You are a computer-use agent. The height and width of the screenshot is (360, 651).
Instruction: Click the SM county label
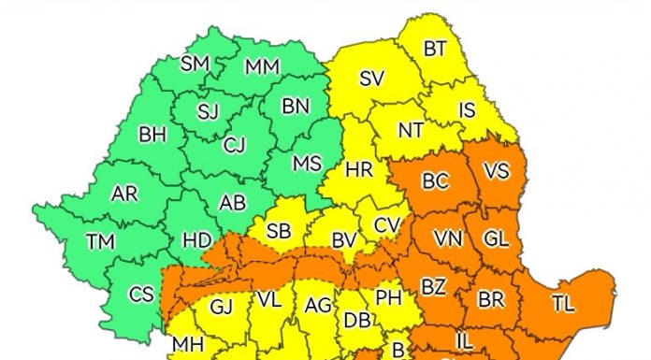tap(195, 64)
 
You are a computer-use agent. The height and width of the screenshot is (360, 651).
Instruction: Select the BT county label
tap(435, 49)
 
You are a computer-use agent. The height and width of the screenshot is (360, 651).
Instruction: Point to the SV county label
tap(371, 79)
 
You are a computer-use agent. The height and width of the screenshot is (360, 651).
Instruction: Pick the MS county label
tap(307, 163)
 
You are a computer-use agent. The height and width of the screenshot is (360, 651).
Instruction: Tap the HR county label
tap(359, 170)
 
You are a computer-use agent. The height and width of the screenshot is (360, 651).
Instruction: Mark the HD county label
tap(196, 239)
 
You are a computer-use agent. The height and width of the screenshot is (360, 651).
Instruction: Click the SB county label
tap(279, 232)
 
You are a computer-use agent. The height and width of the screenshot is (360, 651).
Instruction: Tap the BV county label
tap(344, 240)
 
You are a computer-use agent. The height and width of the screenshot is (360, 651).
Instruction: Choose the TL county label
tap(564, 303)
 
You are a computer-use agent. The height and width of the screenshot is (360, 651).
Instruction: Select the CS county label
tap(141, 295)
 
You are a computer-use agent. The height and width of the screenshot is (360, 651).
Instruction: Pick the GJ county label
tap(221, 306)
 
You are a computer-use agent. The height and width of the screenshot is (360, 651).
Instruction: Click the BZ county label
tap(432, 286)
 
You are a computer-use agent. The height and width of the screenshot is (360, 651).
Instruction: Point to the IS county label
tap(467, 109)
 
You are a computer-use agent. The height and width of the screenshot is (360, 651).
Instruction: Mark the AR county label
tap(124, 194)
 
